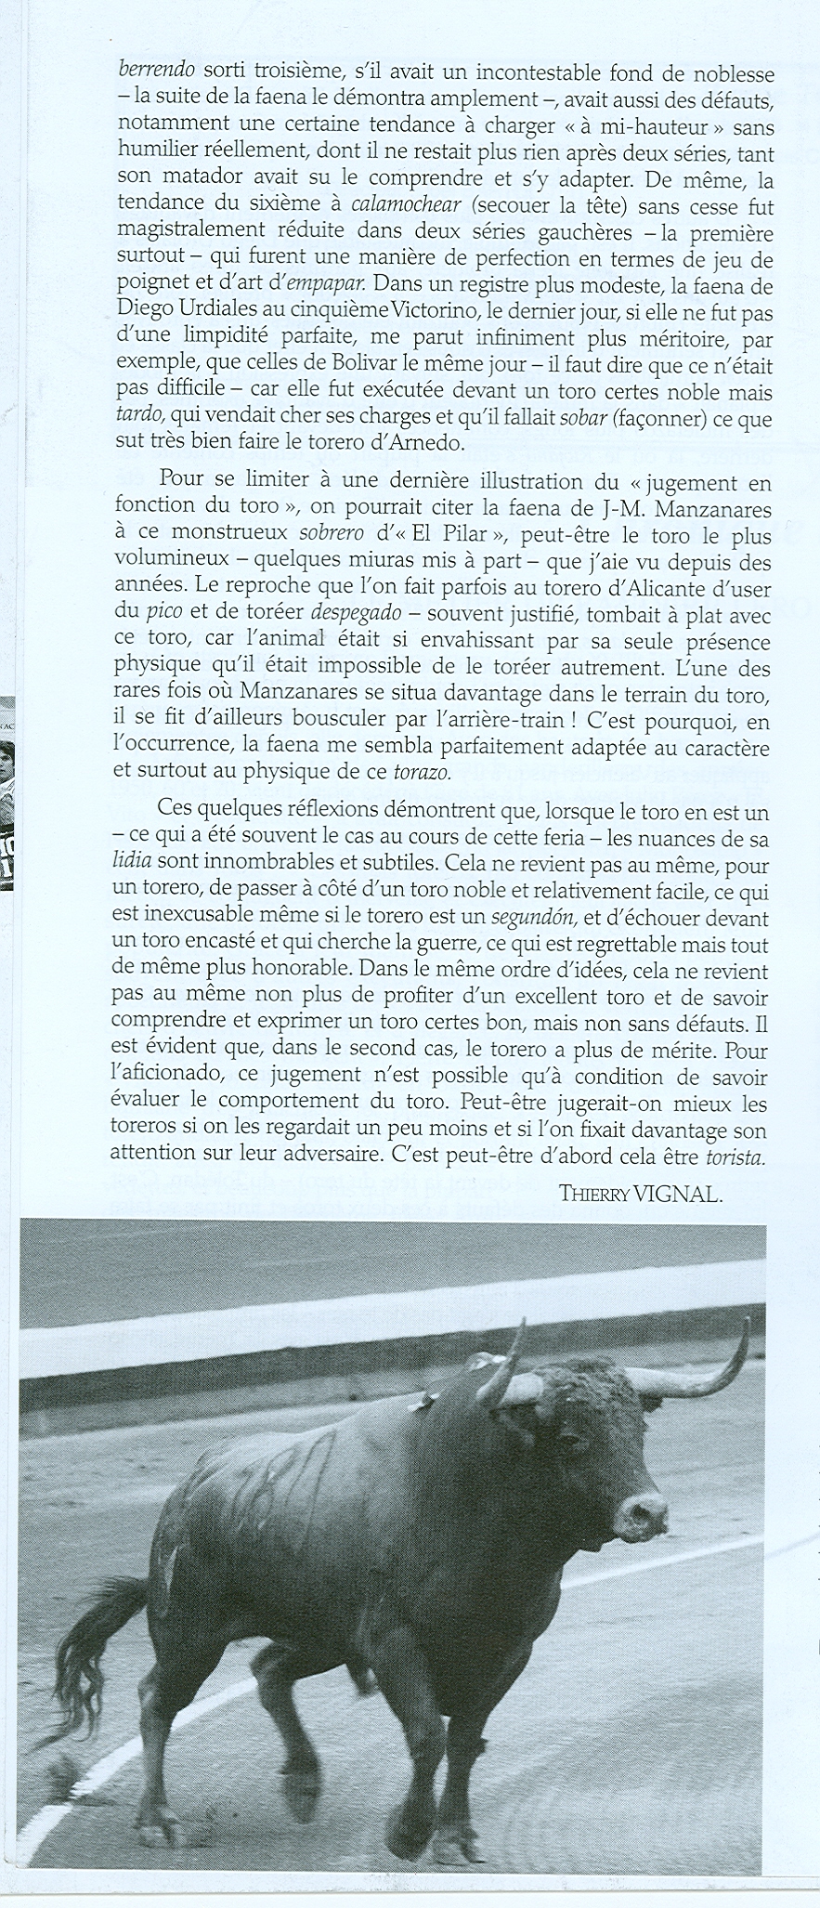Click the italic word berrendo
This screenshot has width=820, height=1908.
click(x=155, y=71)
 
